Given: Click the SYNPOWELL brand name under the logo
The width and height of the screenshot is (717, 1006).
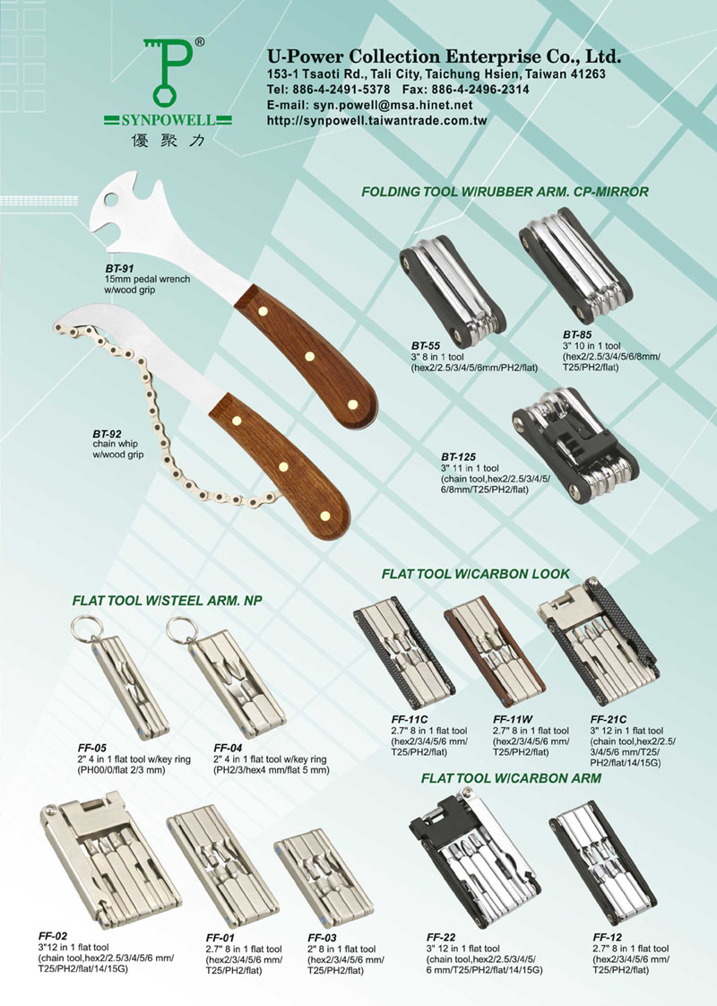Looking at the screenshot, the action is pyautogui.click(x=168, y=119).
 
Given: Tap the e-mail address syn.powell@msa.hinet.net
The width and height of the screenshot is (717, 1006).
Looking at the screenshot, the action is pyautogui.click(x=393, y=105).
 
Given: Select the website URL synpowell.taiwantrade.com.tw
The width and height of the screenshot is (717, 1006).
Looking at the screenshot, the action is pyautogui.click(x=377, y=120).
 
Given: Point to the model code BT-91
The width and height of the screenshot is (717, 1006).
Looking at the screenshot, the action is pyautogui.click(x=119, y=269).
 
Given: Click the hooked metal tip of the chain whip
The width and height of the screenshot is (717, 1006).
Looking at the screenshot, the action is pyautogui.click(x=71, y=319).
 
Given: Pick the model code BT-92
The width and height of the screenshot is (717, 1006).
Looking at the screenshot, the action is pyautogui.click(x=107, y=434).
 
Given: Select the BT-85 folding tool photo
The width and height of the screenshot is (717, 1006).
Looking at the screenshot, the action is pyautogui.click(x=575, y=265).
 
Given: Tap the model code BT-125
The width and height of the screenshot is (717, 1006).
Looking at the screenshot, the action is pyautogui.click(x=458, y=456).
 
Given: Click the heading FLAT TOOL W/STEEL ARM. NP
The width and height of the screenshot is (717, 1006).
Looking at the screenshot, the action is pyautogui.click(x=167, y=601).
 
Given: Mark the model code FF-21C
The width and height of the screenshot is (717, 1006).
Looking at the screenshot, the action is pyautogui.click(x=608, y=719).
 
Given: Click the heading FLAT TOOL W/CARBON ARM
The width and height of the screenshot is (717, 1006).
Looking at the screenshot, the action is pyautogui.click(x=511, y=778).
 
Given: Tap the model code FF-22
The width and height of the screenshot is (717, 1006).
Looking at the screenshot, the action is pyautogui.click(x=441, y=937).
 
